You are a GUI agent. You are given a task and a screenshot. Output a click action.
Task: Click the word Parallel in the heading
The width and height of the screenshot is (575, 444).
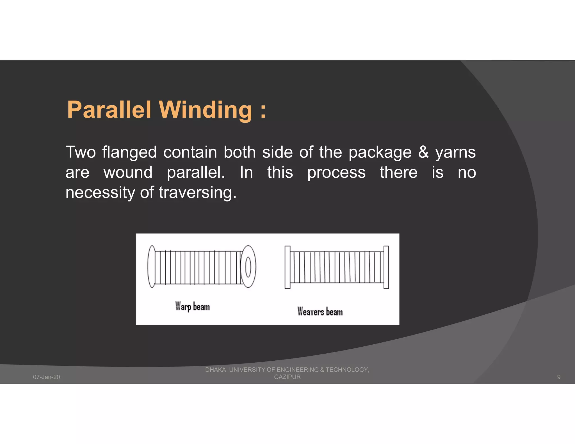pyautogui.click(x=109, y=110)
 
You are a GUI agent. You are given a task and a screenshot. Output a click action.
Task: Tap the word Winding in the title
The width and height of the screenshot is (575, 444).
pyautogui.click(x=206, y=110)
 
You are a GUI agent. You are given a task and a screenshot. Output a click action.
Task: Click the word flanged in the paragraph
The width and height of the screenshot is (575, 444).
pyautogui.click(x=129, y=153)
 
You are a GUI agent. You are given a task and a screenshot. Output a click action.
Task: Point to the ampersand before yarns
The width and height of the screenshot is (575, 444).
pyautogui.click(x=423, y=152)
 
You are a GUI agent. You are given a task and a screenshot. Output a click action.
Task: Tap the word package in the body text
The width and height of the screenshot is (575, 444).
pyautogui.click(x=380, y=153)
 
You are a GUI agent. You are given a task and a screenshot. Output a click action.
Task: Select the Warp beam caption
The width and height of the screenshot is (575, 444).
pyautogui.click(x=192, y=306)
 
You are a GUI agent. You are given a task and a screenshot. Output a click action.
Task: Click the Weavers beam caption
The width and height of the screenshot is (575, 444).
pyautogui.click(x=320, y=312)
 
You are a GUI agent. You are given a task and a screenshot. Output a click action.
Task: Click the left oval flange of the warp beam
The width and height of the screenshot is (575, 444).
pyautogui.click(x=151, y=266)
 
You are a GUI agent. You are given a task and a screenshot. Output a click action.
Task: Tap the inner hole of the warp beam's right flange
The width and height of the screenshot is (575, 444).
pyautogui.click(x=248, y=267)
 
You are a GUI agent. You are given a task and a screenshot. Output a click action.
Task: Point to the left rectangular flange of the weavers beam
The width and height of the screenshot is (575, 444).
pyautogui.click(x=287, y=267)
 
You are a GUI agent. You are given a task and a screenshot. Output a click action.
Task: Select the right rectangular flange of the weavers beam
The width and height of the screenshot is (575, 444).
pyautogui.click(x=386, y=267)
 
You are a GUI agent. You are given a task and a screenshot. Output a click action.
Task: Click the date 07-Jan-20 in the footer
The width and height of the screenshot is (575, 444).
pyautogui.click(x=46, y=377)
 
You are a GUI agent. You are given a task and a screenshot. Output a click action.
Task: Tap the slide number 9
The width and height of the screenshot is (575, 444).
pyautogui.click(x=558, y=377)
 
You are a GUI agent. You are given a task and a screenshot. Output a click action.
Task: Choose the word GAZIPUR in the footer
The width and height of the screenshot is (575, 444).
pyautogui.click(x=287, y=377)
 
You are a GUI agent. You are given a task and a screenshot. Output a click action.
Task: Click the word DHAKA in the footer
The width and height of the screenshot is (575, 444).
pyautogui.click(x=215, y=370)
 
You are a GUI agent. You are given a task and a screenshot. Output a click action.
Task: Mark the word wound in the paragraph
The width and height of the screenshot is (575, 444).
pyautogui.click(x=128, y=173)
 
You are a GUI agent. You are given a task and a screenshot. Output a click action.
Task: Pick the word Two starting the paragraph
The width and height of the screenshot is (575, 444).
pyautogui.click(x=81, y=152)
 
